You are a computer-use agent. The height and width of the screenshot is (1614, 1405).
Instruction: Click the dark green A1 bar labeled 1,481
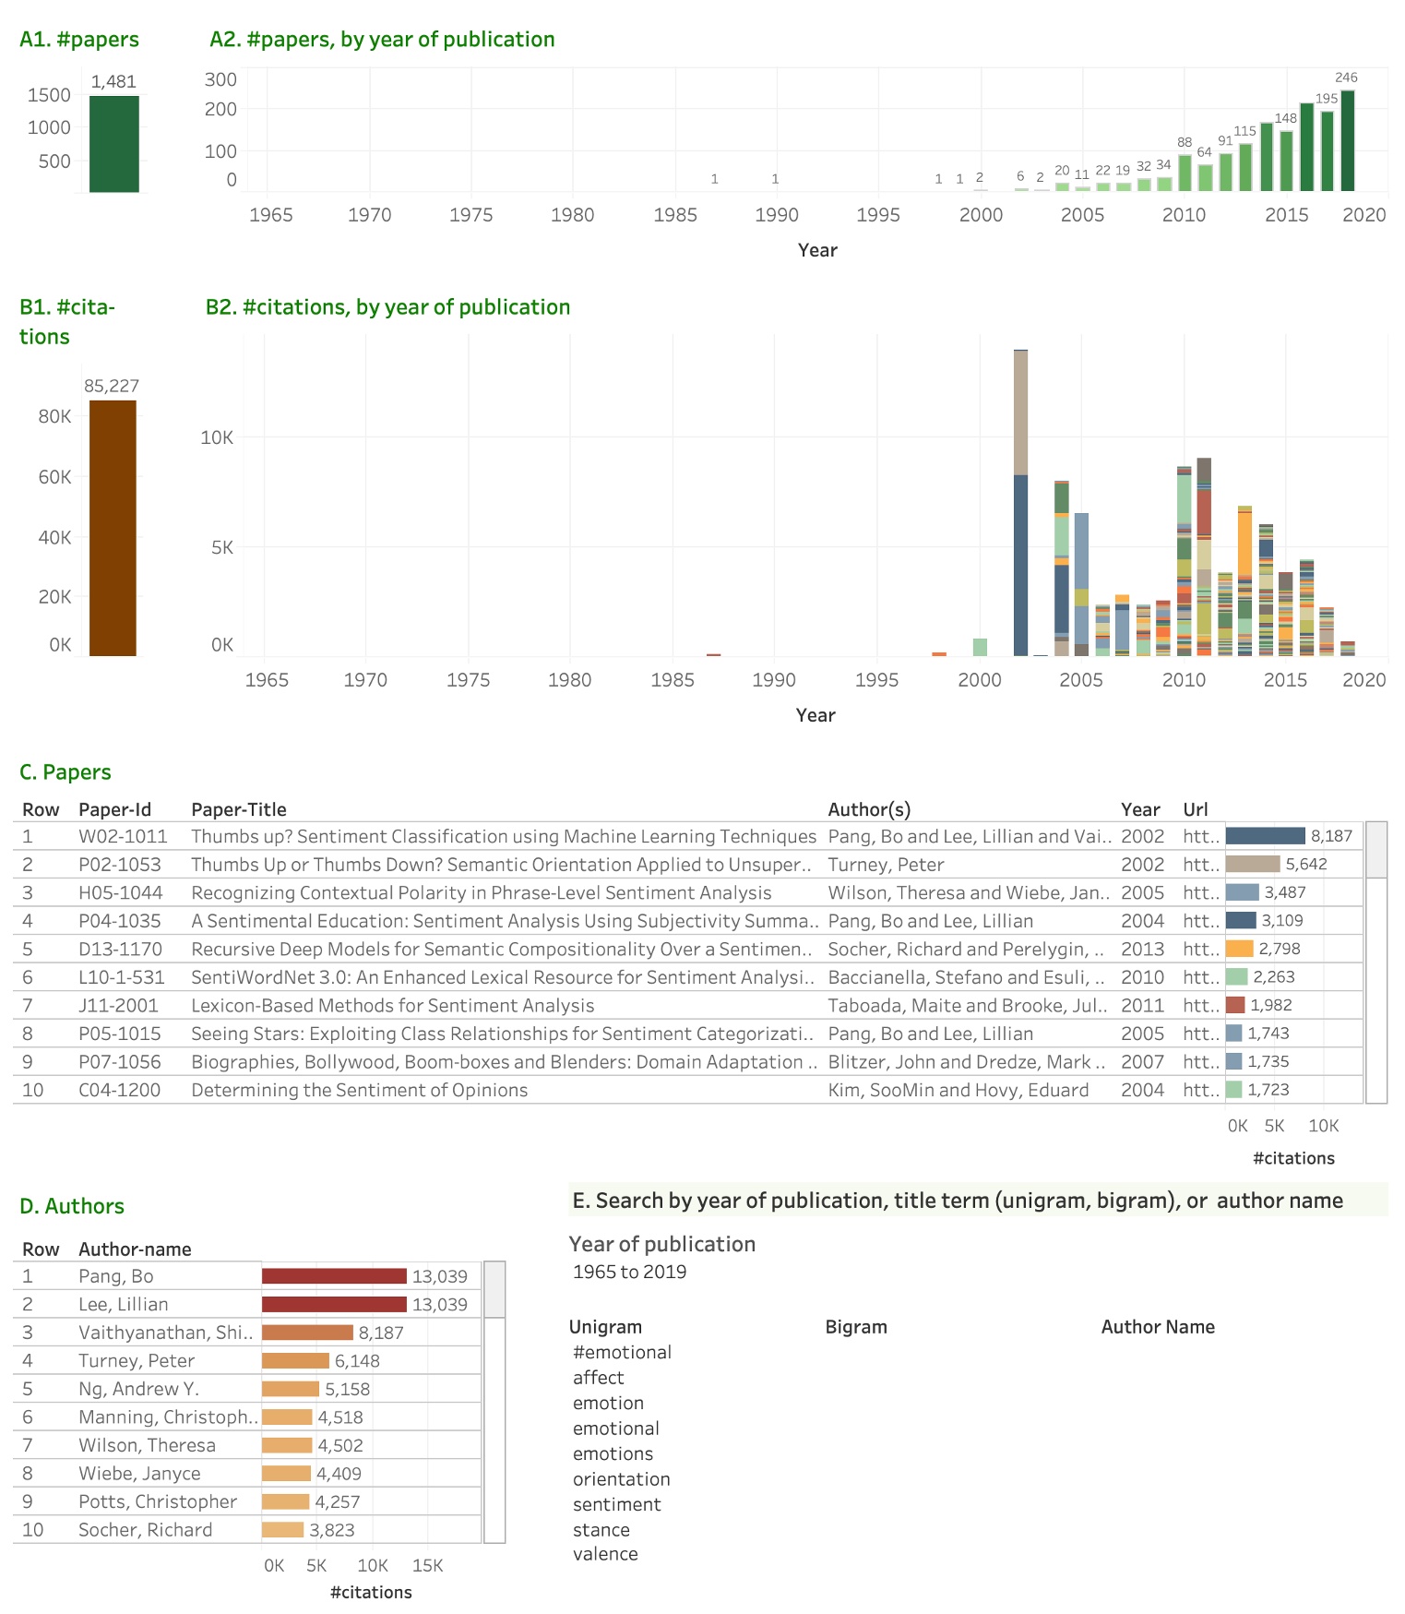[113, 144]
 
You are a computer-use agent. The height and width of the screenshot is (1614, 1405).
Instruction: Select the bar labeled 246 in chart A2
[1347, 141]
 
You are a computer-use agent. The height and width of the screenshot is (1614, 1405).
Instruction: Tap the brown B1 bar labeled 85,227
[113, 528]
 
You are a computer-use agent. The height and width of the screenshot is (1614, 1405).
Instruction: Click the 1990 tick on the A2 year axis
[776, 215]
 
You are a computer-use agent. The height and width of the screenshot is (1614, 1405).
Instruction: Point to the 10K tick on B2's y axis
[217, 437]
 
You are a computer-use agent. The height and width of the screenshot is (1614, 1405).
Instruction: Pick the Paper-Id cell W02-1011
[123, 836]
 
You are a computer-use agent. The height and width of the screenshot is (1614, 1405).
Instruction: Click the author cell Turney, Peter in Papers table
[886, 865]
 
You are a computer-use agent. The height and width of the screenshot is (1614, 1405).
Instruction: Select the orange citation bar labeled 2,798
[1239, 949]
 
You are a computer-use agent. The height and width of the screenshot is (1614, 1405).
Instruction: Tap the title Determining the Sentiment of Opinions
[359, 1090]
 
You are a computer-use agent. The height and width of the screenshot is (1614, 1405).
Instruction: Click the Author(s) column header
[868, 809]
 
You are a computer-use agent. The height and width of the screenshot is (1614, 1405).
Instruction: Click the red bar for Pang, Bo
[334, 1276]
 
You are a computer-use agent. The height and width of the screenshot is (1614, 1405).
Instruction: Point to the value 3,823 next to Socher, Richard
[331, 1530]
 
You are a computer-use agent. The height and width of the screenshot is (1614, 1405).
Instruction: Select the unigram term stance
[601, 1529]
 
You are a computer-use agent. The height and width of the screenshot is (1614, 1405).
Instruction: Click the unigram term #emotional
[622, 1352]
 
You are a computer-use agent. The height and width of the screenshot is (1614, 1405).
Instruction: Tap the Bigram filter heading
[855, 1327]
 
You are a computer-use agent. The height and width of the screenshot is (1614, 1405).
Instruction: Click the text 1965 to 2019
[629, 1272]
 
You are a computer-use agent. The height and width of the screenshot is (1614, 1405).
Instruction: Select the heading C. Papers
[65, 772]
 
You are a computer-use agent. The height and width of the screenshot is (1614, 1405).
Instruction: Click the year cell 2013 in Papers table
[1142, 949]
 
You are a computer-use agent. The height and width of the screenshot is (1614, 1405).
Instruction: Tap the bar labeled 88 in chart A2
[1185, 173]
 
